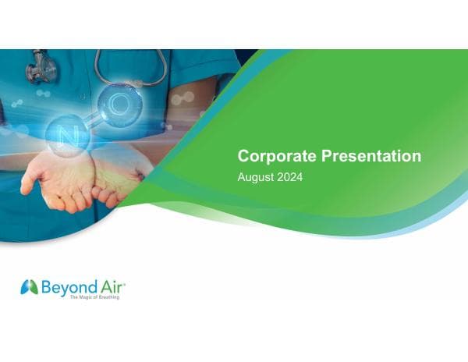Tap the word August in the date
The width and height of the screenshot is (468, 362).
[255, 177]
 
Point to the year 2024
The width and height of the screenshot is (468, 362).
[289, 177]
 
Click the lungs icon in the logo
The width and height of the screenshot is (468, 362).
[29, 287]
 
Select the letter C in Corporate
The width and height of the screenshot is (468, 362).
[243, 156]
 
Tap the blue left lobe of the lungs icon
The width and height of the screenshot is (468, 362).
[25, 288]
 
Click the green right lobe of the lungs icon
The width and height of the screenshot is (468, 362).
[33, 288]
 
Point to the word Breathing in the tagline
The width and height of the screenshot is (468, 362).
[109, 297]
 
